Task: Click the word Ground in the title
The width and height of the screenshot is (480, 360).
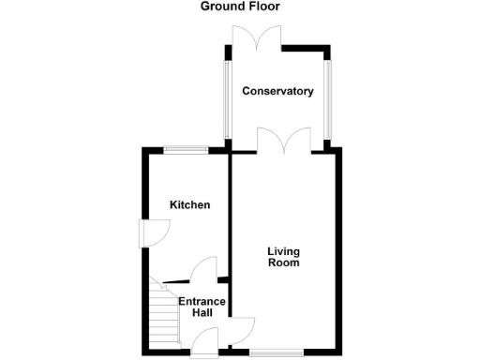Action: pyautogui.click(x=222, y=7)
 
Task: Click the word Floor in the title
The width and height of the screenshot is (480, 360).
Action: pyautogui.click(x=264, y=7)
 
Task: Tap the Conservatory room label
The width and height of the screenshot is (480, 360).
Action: pyautogui.click(x=277, y=92)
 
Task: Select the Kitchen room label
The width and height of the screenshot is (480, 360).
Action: pyautogui.click(x=189, y=205)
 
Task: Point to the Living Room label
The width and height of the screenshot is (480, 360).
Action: pyautogui.click(x=283, y=257)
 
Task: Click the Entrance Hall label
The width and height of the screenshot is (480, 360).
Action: pyautogui.click(x=202, y=307)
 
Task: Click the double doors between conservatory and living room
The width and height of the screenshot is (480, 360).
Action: pyautogui.click(x=284, y=142)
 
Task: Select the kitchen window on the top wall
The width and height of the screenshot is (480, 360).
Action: pyautogui.click(x=186, y=148)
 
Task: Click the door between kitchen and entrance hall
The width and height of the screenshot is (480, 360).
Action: pyautogui.click(x=202, y=272)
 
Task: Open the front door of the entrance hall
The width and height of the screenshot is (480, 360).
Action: pyautogui.click(x=202, y=346)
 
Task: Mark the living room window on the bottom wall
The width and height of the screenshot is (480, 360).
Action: pyautogui.click(x=277, y=353)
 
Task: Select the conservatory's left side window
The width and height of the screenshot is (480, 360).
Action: pyautogui.click(x=225, y=97)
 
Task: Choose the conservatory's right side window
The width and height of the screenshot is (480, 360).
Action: pyautogui.click(x=327, y=97)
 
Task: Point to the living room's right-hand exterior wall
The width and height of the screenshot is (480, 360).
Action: pyautogui.click(x=339, y=253)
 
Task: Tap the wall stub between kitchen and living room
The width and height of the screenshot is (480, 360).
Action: pyautogui.click(x=223, y=279)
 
